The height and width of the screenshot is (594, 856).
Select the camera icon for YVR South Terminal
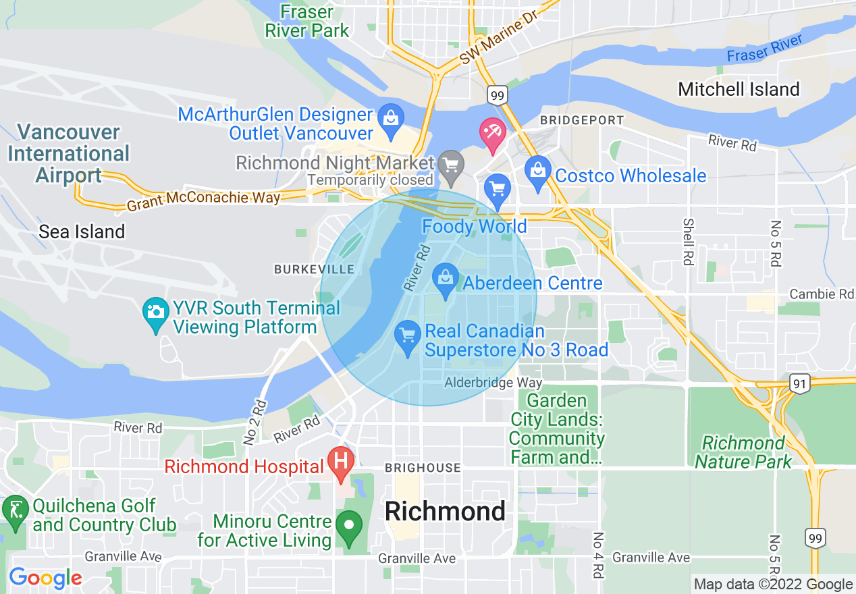(x=156, y=313)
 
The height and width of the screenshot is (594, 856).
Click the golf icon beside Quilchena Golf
(x=14, y=510)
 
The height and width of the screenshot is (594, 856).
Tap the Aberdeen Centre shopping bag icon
(x=445, y=279)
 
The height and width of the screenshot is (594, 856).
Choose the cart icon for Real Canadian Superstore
(x=407, y=335)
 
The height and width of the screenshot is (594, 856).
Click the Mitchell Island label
(x=739, y=89)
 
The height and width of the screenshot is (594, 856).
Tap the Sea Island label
(x=82, y=232)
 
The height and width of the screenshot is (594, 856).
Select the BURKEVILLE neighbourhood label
(x=314, y=269)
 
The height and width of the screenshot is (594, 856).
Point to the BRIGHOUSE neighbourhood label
(x=423, y=468)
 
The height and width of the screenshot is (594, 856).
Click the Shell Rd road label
(x=688, y=241)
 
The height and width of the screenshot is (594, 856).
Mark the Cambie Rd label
(x=821, y=294)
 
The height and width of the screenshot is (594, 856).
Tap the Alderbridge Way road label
(x=493, y=383)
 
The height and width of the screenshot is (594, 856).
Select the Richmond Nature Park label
(x=743, y=452)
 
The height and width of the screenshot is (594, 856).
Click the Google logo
(x=45, y=578)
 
